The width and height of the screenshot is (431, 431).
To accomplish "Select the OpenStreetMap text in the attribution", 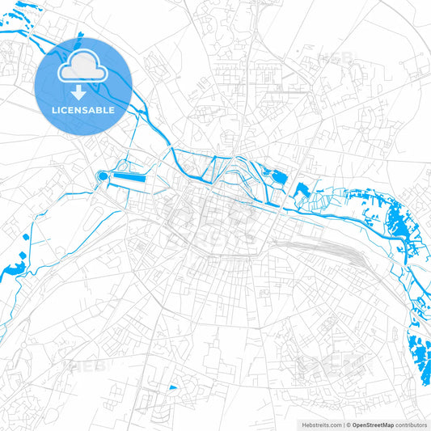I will pos(372,425).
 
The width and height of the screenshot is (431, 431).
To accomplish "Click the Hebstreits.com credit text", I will pos(320,425).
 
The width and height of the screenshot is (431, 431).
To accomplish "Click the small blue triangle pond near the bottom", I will pos(172,388).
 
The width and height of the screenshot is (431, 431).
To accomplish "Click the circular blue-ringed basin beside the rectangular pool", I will pos(103,175).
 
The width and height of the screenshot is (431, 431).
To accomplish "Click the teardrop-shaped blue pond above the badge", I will pos(81,35).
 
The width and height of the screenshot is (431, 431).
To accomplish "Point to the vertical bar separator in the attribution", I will pos(344,425).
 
